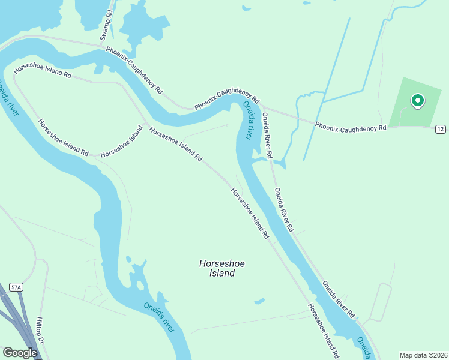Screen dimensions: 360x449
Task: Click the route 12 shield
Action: click(x=440, y=129)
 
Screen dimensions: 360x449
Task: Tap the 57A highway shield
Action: click(x=16, y=287)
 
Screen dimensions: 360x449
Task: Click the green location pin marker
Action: click(x=417, y=101)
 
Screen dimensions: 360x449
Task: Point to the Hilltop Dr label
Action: click(x=41, y=329)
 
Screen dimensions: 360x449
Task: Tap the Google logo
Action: click(x=19, y=353)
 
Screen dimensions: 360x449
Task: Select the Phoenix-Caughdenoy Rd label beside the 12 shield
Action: click(x=351, y=126)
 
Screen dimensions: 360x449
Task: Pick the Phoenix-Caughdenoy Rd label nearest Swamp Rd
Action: click(x=134, y=70)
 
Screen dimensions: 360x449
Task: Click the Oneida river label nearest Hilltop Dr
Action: click(x=159, y=317)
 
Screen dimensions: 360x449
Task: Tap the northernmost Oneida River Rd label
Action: click(x=266, y=135)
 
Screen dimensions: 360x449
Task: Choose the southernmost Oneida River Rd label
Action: click(x=338, y=299)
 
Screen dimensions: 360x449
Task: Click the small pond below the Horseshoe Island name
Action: click(x=259, y=301)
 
